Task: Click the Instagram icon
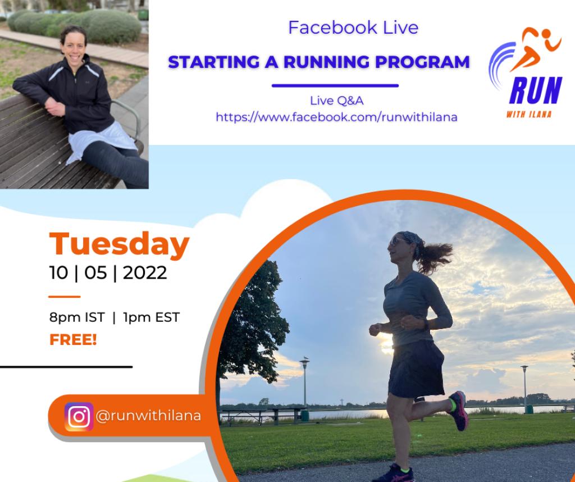click(x=79, y=416)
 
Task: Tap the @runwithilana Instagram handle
click(x=148, y=416)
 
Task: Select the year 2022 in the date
click(x=145, y=273)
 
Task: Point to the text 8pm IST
click(x=77, y=317)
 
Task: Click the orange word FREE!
click(x=73, y=340)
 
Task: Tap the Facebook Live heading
click(x=353, y=28)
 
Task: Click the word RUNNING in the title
click(x=326, y=62)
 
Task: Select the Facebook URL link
click(x=336, y=117)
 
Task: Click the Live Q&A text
click(x=337, y=101)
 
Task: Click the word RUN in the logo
click(x=535, y=90)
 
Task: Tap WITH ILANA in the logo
click(x=529, y=115)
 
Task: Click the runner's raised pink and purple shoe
click(x=458, y=410)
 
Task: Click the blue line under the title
click(x=335, y=86)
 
